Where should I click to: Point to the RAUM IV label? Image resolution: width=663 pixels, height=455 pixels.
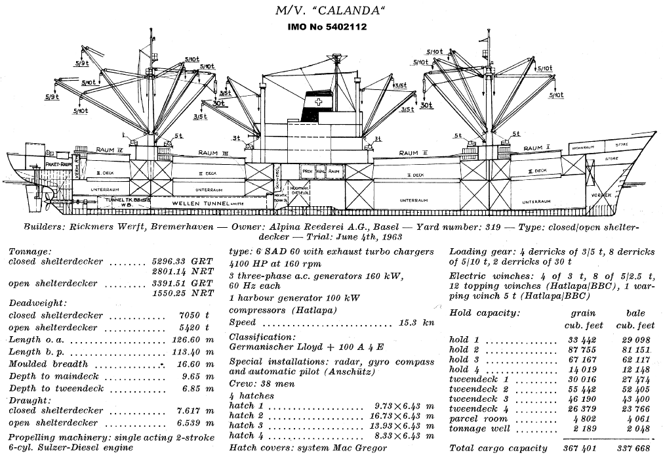[x=110, y=150]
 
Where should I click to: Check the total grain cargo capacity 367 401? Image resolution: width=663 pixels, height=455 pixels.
[x=579, y=448]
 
